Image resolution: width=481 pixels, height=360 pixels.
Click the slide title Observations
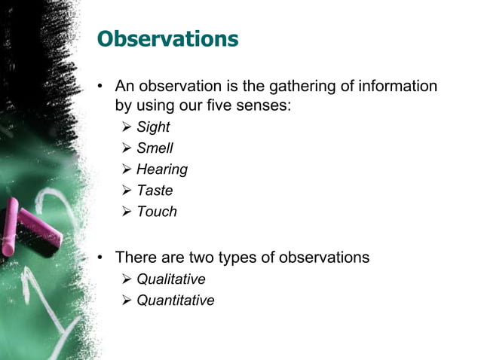click(x=168, y=38)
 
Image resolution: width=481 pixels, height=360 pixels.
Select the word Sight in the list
click(x=153, y=127)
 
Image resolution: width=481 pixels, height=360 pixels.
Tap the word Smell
click(x=155, y=148)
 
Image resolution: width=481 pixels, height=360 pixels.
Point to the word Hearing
click(x=161, y=169)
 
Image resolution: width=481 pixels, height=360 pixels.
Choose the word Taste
click(x=155, y=191)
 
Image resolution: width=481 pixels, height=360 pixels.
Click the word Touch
click(x=156, y=212)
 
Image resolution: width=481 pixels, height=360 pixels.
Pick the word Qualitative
click(x=170, y=279)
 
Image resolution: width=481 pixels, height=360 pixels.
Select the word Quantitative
click(x=175, y=301)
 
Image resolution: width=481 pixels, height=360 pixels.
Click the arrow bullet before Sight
click(x=127, y=127)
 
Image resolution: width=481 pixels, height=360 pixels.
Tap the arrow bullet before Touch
click(x=127, y=212)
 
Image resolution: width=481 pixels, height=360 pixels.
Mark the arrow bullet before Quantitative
click(x=127, y=301)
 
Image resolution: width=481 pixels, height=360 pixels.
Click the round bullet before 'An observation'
click(x=100, y=87)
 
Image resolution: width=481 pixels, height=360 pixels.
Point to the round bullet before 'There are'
click(x=100, y=258)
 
